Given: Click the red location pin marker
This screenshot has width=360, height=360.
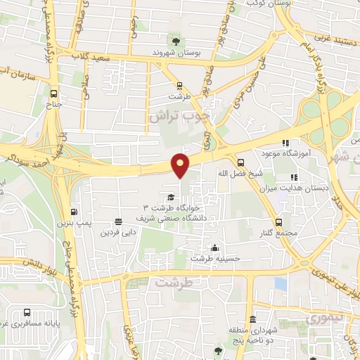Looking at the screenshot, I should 181,165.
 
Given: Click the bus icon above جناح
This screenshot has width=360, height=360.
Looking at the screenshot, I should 54,93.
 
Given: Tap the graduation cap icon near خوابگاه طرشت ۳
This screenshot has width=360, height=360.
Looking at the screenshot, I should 170,198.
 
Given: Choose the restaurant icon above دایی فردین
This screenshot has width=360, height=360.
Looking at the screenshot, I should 118,220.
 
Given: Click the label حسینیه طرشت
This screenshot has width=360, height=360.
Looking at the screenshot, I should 216,258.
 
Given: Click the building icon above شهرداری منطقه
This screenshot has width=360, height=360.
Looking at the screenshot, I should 232,318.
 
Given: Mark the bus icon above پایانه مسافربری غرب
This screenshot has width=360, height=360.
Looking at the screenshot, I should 27,312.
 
